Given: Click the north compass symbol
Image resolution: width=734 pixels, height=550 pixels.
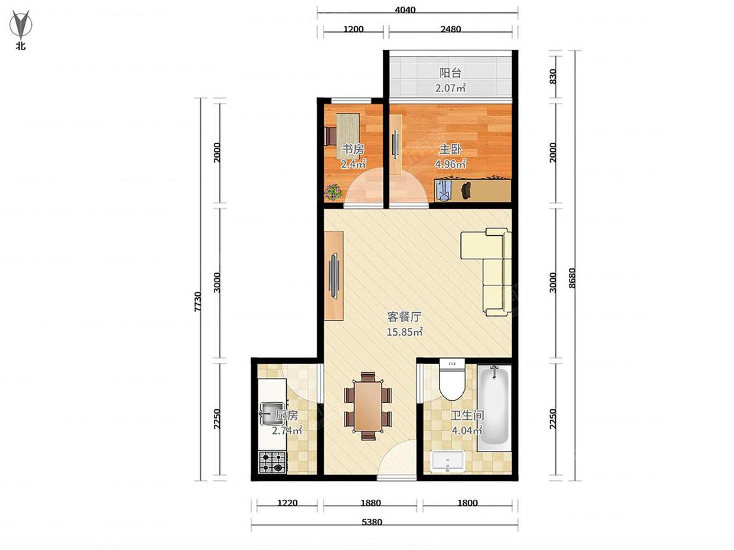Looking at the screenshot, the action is point(21,25).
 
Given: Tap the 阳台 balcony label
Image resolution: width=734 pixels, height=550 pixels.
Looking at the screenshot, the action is point(450,73).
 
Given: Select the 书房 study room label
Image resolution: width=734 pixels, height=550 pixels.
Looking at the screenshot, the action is point(353,149).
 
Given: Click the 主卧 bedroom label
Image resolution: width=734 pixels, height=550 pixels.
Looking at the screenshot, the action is point(450,149).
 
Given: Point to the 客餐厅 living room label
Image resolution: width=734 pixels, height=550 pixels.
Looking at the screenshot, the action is point(405,317).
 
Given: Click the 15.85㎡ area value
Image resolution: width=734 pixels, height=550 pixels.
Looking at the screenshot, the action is point(405,332).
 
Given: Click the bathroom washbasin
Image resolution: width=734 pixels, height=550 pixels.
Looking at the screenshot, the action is point(448,461).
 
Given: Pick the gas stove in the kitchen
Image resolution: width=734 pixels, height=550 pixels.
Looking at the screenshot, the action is point(273,462).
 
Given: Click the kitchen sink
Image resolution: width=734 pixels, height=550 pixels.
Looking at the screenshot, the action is point(272,413).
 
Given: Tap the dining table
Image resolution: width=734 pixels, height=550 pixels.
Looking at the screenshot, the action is point(367,406).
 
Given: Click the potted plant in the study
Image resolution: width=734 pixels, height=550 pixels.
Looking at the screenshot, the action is point(333,192).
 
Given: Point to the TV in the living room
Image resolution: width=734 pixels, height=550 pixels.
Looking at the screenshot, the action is point(334,276).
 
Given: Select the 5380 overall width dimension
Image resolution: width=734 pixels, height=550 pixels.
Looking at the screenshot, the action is point(372,522).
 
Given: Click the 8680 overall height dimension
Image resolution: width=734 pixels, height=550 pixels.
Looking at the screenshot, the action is point(572,278).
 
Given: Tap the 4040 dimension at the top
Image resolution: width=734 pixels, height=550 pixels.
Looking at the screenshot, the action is point(405,10).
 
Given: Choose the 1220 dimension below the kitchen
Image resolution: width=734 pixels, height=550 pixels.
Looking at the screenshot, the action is point(288,503).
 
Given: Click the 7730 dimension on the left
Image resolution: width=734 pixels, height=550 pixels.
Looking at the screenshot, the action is point(198,302).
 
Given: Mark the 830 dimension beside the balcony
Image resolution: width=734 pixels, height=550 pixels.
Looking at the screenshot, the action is point(553,76).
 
